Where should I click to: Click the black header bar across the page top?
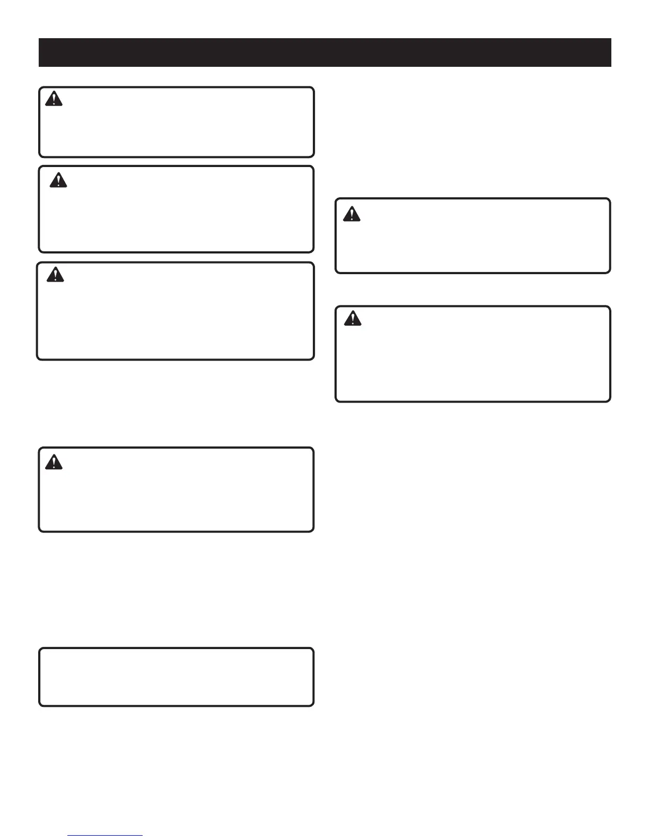click(324, 52)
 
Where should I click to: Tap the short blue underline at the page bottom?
click(105, 835)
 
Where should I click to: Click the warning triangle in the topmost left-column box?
click(54, 99)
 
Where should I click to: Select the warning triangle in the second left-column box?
click(58, 181)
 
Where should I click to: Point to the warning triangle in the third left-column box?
click(55, 275)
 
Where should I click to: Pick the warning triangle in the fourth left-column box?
click(54, 462)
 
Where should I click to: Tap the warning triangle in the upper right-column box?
click(352, 214)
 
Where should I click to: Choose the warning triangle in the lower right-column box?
click(353, 318)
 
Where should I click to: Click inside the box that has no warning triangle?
click(176, 677)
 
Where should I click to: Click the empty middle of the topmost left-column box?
click(176, 127)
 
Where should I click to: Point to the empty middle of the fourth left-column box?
click(176, 493)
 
